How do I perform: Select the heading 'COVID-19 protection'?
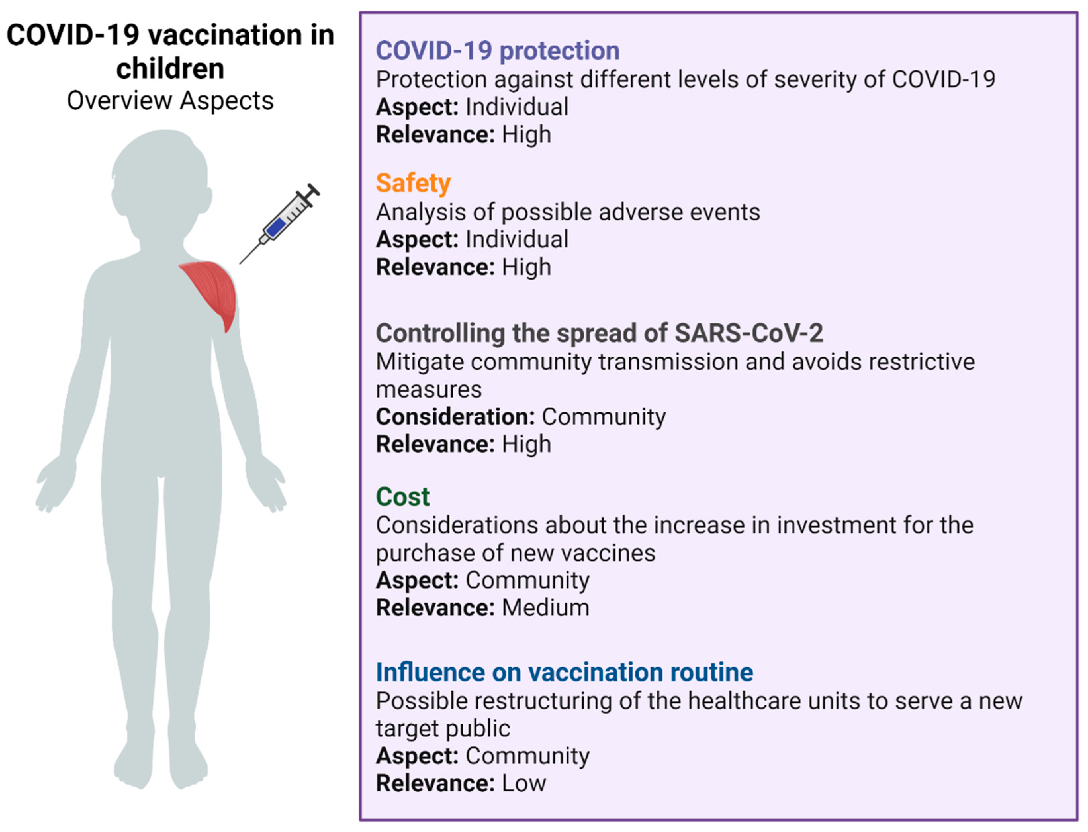pyautogui.click(x=497, y=51)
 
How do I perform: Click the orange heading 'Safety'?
pyautogui.click(x=413, y=183)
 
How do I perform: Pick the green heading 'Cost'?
pyautogui.click(x=402, y=496)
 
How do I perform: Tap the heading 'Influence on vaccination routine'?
pyautogui.click(x=564, y=672)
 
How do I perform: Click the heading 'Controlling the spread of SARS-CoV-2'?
pyautogui.click(x=599, y=333)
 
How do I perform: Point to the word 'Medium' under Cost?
pyautogui.click(x=545, y=608)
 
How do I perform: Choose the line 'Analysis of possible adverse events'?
pyautogui.click(x=567, y=212)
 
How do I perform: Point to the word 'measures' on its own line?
pyautogui.click(x=428, y=389)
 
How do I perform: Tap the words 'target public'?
pyautogui.click(x=442, y=728)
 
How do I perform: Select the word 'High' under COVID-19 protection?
pyautogui.click(x=526, y=135)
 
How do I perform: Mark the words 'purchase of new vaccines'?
pyautogui.click(x=515, y=553)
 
